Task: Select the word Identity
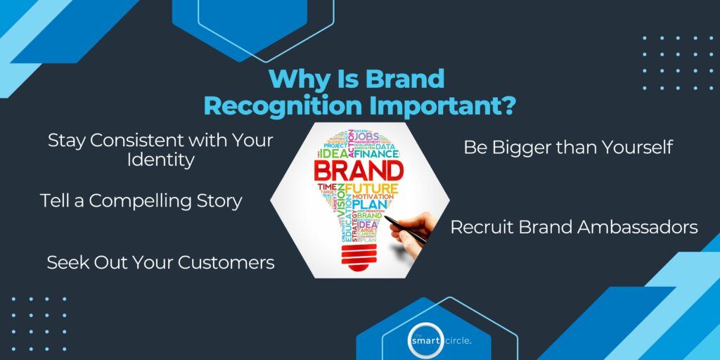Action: (x=160, y=160)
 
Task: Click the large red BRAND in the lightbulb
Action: (x=359, y=170)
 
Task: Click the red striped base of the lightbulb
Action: (x=359, y=256)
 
